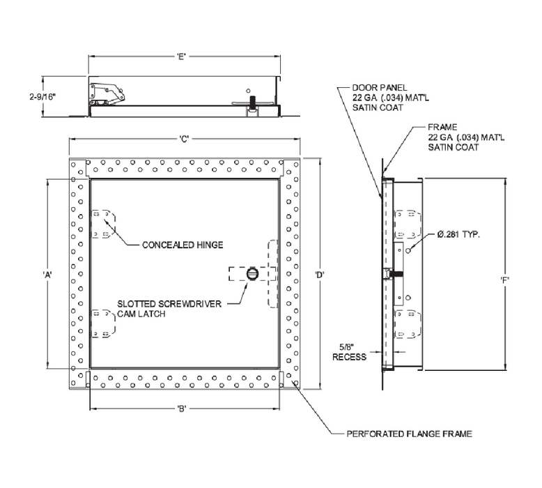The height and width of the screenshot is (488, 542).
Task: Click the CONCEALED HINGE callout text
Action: [181, 245]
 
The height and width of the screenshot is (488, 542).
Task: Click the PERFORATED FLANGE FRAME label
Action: [409, 434]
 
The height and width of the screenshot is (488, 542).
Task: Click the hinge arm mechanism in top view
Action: [105, 93]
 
